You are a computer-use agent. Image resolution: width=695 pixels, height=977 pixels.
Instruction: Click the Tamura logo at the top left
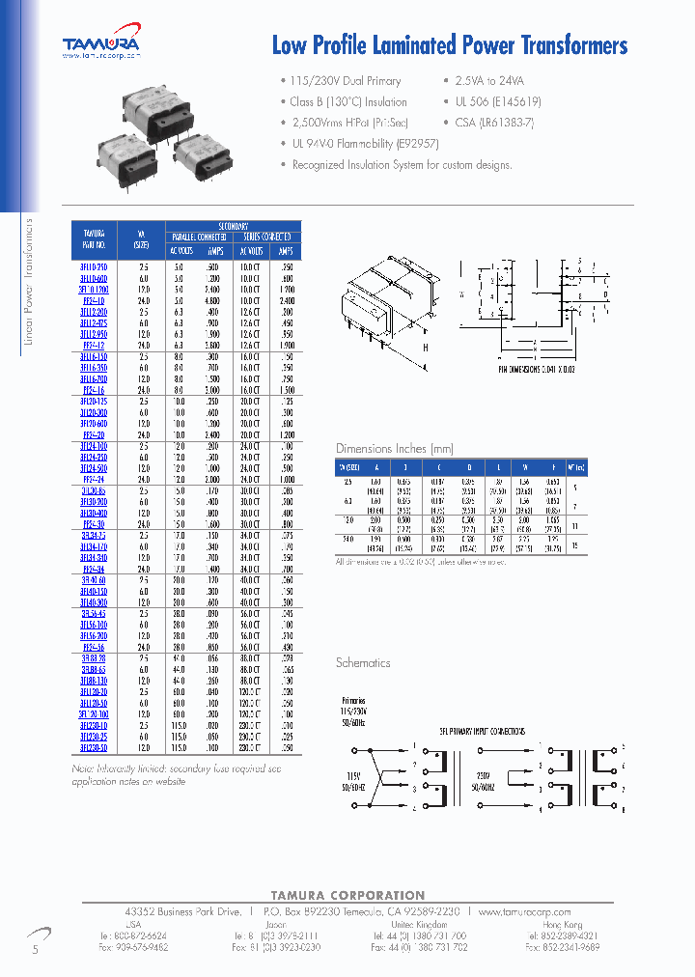[100, 44]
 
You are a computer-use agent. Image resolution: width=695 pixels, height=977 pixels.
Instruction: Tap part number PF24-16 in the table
[94, 388]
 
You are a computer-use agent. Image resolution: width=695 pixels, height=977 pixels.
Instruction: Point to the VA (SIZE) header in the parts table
[144, 237]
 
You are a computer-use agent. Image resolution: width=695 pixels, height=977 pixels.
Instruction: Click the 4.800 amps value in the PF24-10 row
[212, 299]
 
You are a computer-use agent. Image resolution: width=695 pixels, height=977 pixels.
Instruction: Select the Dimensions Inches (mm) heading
[394, 449]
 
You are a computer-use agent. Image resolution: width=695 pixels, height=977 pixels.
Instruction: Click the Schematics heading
[363, 663]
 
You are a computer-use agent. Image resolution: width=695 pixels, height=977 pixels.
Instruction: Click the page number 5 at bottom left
[36, 951]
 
